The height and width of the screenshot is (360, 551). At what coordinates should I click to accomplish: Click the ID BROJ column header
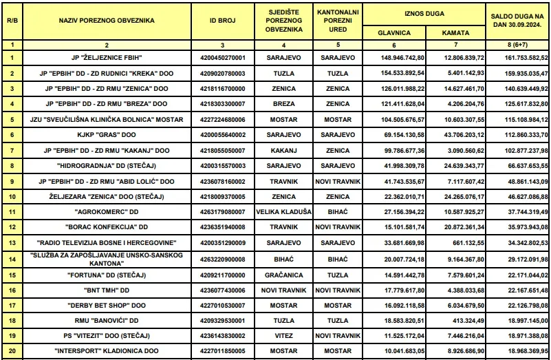tap(222, 21)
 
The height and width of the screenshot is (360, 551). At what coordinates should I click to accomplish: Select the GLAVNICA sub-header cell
tap(394, 32)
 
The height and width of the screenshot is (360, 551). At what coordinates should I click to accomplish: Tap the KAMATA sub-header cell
tap(455, 32)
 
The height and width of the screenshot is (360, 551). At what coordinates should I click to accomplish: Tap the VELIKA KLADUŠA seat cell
tap(283, 212)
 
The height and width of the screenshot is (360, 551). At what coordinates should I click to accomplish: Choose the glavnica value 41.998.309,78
tap(394, 166)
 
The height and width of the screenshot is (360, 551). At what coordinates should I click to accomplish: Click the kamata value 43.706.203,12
tap(455, 135)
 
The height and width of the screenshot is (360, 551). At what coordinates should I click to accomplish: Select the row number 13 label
tap(11, 243)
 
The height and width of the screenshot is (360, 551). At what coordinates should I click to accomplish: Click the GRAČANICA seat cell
tap(283, 274)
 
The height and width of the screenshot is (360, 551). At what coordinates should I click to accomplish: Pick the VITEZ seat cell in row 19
tap(283, 336)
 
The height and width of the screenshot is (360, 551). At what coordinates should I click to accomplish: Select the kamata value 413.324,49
tap(455, 320)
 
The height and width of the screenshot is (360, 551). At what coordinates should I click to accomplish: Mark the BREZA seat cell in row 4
tap(283, 104)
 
